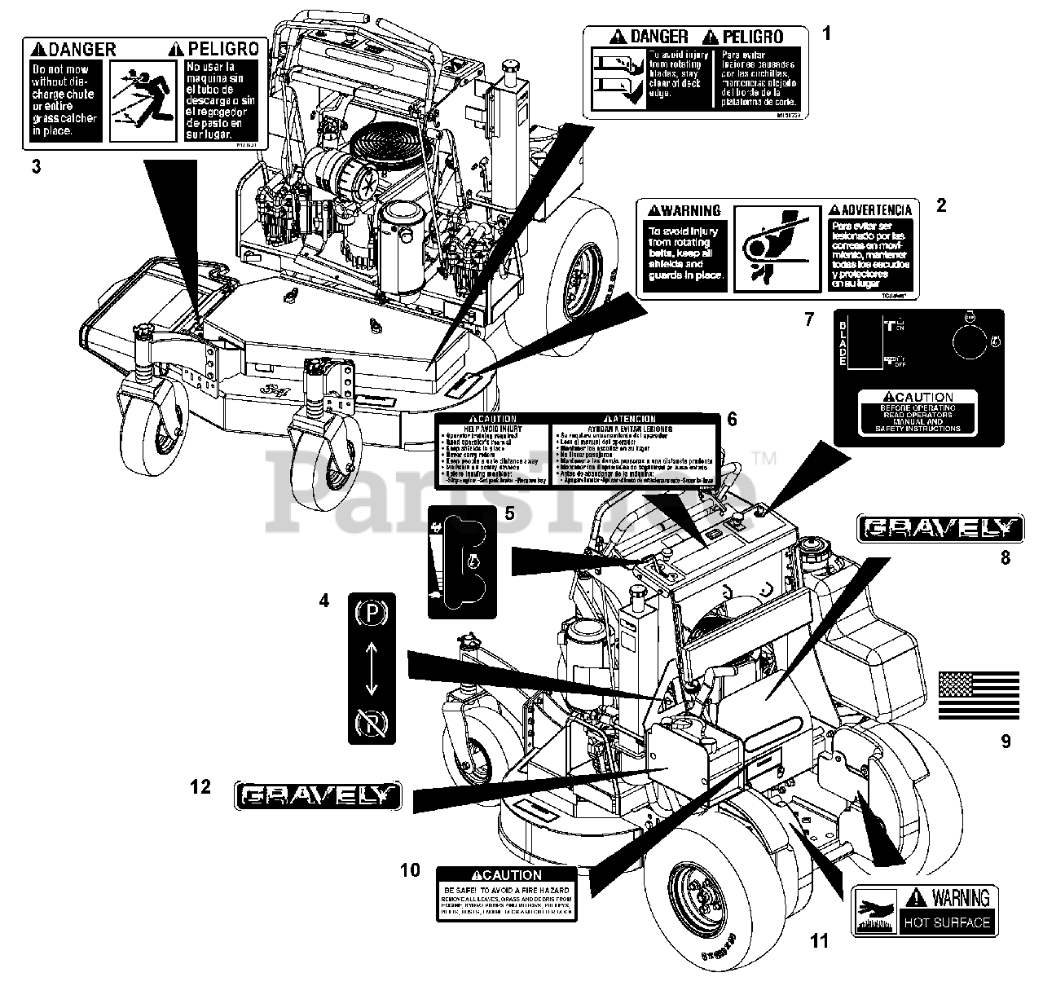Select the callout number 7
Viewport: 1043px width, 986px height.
[x=808, y=319]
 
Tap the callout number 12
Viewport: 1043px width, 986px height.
[x=200, y=786]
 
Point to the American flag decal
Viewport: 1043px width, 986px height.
[x=979, y=695]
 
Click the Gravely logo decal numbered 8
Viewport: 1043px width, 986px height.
[x=940, y=529]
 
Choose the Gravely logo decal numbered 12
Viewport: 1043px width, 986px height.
[x=317, y=795]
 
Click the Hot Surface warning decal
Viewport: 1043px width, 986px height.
[x=926, y=909]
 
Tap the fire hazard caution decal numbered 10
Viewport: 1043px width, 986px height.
[x=506, y=894]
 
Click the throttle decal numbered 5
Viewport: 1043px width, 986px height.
[x=461, y=561]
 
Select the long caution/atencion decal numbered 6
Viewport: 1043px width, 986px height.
[x=575, y=450]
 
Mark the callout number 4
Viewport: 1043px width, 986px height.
[x=324, y=601]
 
